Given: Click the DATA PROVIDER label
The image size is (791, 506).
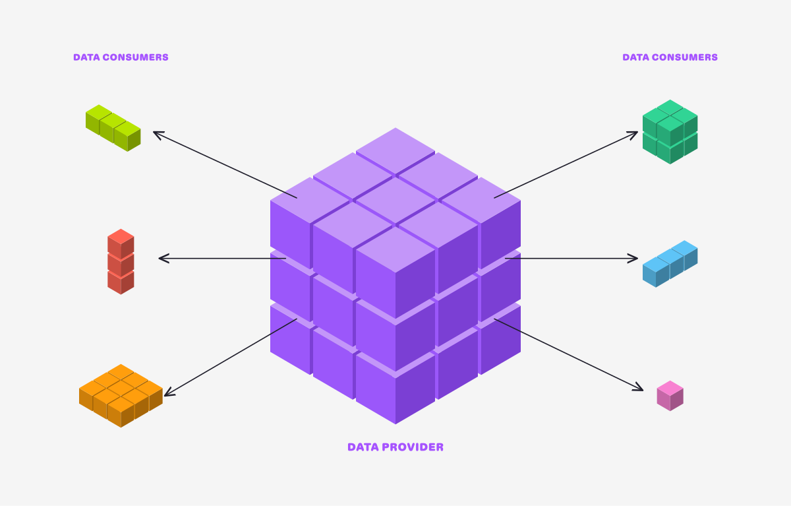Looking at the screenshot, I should click(x=395, y=447).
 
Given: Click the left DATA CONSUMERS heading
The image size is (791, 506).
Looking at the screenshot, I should click(x=121, y=57).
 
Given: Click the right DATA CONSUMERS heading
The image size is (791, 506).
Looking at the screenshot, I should click(x=670, y=57).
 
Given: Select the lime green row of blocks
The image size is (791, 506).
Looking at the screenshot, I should click(x=113, y=128).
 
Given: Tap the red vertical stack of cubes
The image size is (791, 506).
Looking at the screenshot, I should click(x=121, y=262).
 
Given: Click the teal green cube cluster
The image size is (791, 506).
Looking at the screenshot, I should click(x=670, y=132).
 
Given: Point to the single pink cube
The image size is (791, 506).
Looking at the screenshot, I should click(x=670, y=396).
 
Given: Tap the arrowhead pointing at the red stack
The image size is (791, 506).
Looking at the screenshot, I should click(x=161, y=258).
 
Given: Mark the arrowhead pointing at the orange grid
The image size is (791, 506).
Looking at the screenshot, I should click(x=167, y=394).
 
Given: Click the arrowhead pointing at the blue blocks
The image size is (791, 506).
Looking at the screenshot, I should click(x=635, y=258).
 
